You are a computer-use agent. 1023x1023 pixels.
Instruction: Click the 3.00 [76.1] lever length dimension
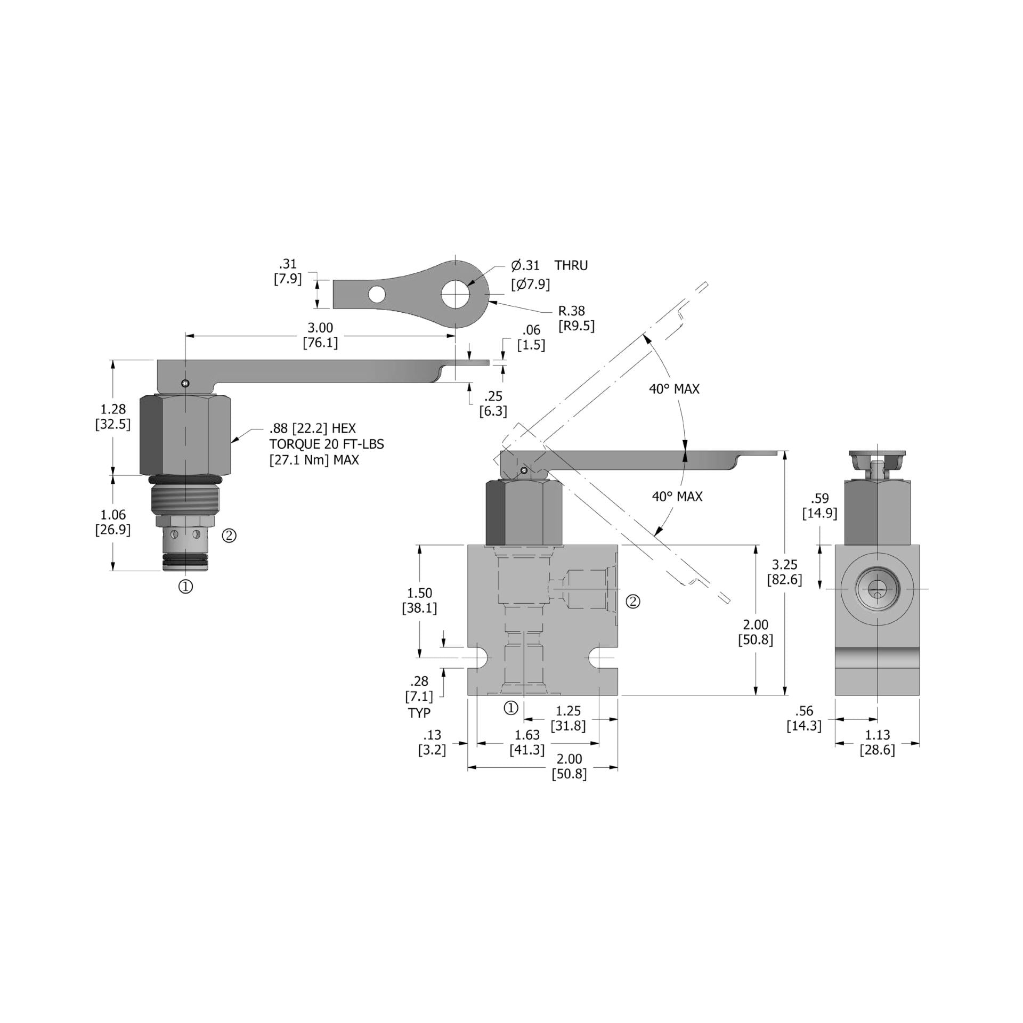320,335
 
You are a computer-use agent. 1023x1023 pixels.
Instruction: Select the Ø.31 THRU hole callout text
549,265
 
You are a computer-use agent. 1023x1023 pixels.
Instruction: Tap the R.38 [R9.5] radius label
576,318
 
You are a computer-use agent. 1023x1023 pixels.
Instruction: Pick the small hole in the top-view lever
377,294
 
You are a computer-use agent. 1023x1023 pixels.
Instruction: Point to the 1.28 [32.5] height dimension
113,417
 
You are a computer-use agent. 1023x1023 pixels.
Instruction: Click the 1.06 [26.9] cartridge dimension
113,522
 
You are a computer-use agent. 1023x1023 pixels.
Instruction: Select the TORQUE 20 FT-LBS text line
326,444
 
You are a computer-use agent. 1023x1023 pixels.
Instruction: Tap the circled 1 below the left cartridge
185,587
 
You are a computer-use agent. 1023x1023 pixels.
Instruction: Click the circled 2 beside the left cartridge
229,535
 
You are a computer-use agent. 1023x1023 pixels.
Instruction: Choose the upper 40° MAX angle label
673,389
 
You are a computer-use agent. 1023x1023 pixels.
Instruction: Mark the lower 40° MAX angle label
677,497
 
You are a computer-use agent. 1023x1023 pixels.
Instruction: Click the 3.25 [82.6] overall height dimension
784,572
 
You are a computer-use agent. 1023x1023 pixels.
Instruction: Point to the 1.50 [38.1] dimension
419,600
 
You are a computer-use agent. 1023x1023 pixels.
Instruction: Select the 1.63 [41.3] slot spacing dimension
527,742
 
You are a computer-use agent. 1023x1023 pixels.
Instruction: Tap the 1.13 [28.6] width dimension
877,742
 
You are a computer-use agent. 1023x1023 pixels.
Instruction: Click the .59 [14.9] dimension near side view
819,506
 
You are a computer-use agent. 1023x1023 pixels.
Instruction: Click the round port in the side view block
877,589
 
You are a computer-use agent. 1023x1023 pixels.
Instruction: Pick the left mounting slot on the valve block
478,659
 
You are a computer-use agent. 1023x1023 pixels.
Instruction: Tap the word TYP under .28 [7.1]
419,713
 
